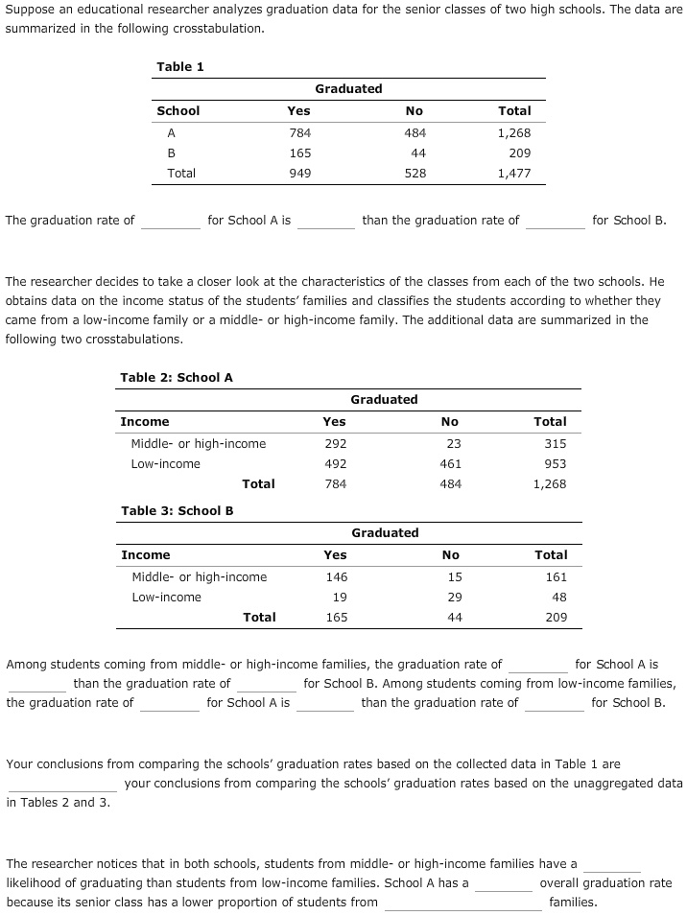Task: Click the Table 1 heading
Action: (179, 66)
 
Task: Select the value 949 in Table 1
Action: (299, 174)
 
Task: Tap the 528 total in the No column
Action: (415, 174)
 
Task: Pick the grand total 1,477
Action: (514, 174)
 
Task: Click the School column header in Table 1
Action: (178, 111)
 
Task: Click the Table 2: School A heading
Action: (177, 377)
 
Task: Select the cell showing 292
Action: (336, 444)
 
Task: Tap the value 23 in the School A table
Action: (454, 444)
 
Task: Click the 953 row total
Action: (555, 464)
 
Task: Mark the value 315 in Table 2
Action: (555, 444)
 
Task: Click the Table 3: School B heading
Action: (178, 510)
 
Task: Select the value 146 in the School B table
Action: (336, 577)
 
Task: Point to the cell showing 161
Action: (556, 577)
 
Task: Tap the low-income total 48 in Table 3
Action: (559, 598)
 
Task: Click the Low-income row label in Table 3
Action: (166, 598)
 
